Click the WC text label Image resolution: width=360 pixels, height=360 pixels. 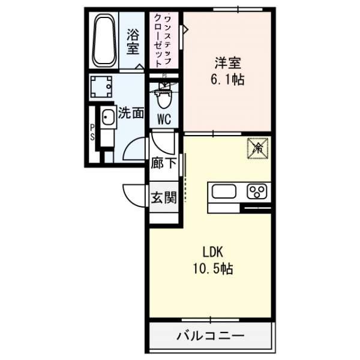pyautogui.click(x=164, y=119)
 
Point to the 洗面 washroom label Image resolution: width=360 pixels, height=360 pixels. pyautogui.click(x=131, y=112)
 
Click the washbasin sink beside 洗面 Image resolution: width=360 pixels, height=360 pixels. pyautogui.click(x=108, y=118)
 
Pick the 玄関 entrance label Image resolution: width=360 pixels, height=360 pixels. pyautogui.click(x=163, y=196)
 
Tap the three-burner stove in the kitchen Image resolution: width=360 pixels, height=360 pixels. pyautogui.click(x=258, y=192)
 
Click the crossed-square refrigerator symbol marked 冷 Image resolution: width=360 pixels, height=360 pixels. pyautogui.click(x=257, y=147)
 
